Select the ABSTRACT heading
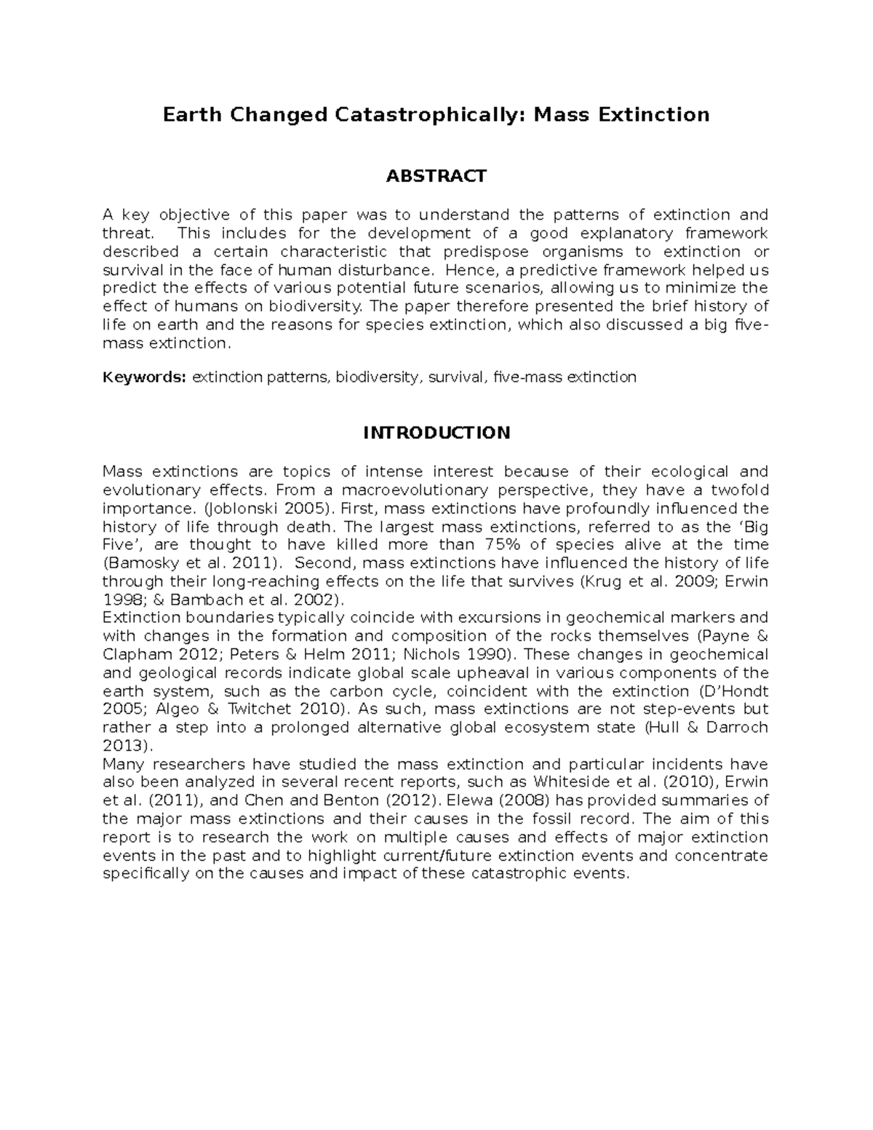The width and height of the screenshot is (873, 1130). tap(436, 176)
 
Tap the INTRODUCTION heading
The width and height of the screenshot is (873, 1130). tap(436, 433)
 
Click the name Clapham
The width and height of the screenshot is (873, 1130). tap(137, 654)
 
